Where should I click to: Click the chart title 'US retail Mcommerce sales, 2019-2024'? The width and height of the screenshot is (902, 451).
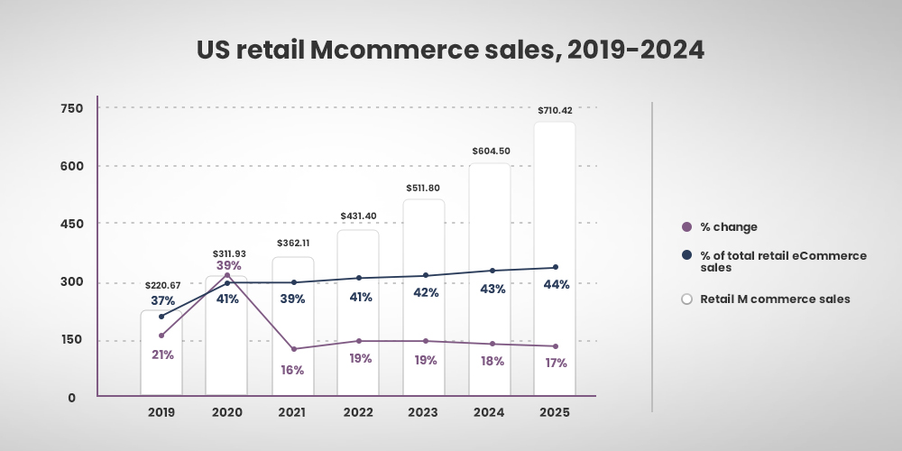[x=450, y=50]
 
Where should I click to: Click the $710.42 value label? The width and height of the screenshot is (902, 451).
[x=554, y=111]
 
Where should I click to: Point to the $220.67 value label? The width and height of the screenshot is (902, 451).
[x=161, y=260]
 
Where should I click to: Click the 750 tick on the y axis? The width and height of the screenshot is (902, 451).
[x=71, y=108]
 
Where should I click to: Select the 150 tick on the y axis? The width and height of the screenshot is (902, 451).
[x=71, y=340]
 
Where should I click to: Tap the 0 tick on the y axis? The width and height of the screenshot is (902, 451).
[x=71, y=398]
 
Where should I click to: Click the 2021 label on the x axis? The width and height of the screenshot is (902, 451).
[x=293, y=411]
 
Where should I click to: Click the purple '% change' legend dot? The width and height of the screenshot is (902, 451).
[x=686, y=227]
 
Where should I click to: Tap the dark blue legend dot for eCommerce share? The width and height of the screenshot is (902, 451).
[x=686, y=256]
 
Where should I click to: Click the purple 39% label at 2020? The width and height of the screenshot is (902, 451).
[x=228, y=265]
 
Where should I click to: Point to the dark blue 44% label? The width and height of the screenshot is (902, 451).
[x=556, y=285]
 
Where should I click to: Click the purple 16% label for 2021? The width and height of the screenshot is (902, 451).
[x=293, y=370]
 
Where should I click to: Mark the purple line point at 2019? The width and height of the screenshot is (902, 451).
[x=161, y=336]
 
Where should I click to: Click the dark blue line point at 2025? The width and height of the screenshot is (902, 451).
[x=555, y=267]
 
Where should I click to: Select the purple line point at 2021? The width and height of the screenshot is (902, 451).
[x=293, y=349]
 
